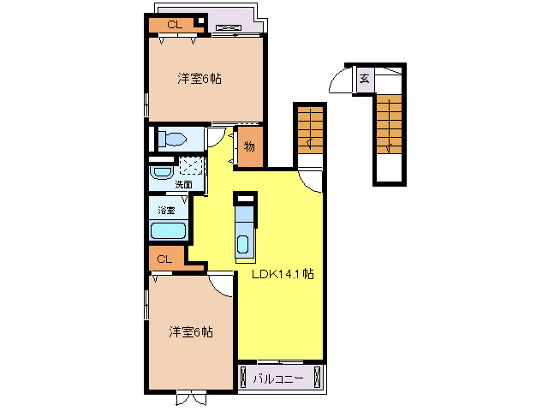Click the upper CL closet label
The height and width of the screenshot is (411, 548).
tap(173, 25)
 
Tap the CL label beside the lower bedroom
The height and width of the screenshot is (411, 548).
tap(165, 259)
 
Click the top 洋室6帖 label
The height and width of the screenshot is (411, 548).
tap(200, 79)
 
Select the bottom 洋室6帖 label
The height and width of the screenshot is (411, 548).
tap(190, 331)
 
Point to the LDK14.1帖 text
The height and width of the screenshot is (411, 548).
tap(282, 275)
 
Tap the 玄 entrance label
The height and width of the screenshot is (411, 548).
tap(364, 79)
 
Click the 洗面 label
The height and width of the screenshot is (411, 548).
tap(183, 184)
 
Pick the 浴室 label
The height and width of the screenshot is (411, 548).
tap(165, 210)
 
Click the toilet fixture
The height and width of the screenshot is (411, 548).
tap(176, 140)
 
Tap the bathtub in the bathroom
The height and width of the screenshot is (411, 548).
tap(169, 229)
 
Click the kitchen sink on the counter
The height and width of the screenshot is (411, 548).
tap(244, 243)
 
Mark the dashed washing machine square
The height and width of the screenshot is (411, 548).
tap(192, 167)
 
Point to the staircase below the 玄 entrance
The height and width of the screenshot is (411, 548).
tap(389, 124)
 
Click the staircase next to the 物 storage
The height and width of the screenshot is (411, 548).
tap(310, 132)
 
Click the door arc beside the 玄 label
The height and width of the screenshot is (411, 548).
tap(341, 81)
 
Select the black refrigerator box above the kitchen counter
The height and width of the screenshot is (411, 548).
tap(245, 199)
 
